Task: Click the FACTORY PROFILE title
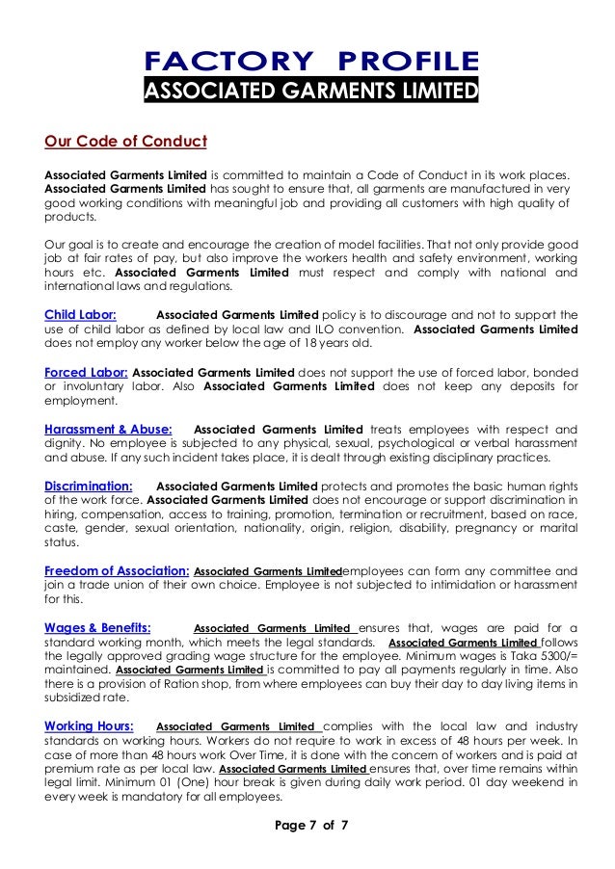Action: click(310, 62)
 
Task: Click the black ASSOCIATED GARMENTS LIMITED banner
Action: click(310, 92)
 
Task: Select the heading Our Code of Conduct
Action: click(125, 142)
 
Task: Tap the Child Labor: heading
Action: click(81, 314)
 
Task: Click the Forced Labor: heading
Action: click(87, 371)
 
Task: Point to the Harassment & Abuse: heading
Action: click(109, 429)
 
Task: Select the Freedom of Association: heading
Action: click(117, 570)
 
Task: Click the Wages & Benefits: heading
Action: click(97, 627)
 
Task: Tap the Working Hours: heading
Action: click(89, 725)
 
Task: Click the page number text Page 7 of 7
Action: click(310, 827)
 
